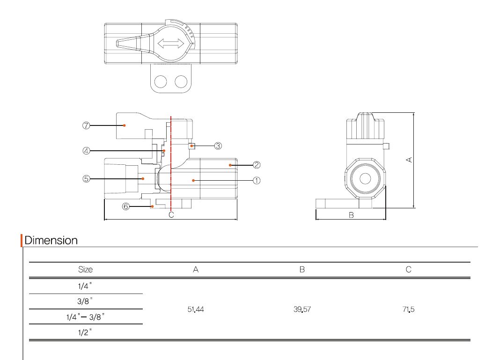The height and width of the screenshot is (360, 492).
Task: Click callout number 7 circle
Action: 86,125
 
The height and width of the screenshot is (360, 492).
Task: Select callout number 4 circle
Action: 86,151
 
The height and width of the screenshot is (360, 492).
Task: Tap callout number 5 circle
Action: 86,179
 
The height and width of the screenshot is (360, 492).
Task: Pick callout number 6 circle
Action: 125,206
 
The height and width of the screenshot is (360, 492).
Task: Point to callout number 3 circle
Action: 218,146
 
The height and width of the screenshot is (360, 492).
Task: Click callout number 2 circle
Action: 257,165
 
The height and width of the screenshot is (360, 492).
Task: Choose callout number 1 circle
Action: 257,181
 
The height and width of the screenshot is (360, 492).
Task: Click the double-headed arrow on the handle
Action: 171,44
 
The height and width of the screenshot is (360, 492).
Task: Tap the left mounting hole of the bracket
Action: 161,81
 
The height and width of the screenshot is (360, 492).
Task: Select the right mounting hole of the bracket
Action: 181,81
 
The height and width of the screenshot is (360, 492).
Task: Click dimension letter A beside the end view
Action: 409,160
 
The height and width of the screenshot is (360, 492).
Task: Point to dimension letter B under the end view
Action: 351,215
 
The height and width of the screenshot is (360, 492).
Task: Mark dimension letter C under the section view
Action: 171,215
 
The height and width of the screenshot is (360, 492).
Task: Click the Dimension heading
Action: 51,241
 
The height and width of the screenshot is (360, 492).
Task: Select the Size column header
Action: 85,270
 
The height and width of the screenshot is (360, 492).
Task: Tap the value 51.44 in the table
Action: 196,309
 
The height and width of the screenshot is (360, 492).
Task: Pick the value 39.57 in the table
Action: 302,309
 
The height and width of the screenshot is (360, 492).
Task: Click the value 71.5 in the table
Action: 409,309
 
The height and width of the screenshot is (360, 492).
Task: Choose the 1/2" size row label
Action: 85,332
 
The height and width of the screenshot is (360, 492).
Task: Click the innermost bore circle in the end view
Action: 365,179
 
